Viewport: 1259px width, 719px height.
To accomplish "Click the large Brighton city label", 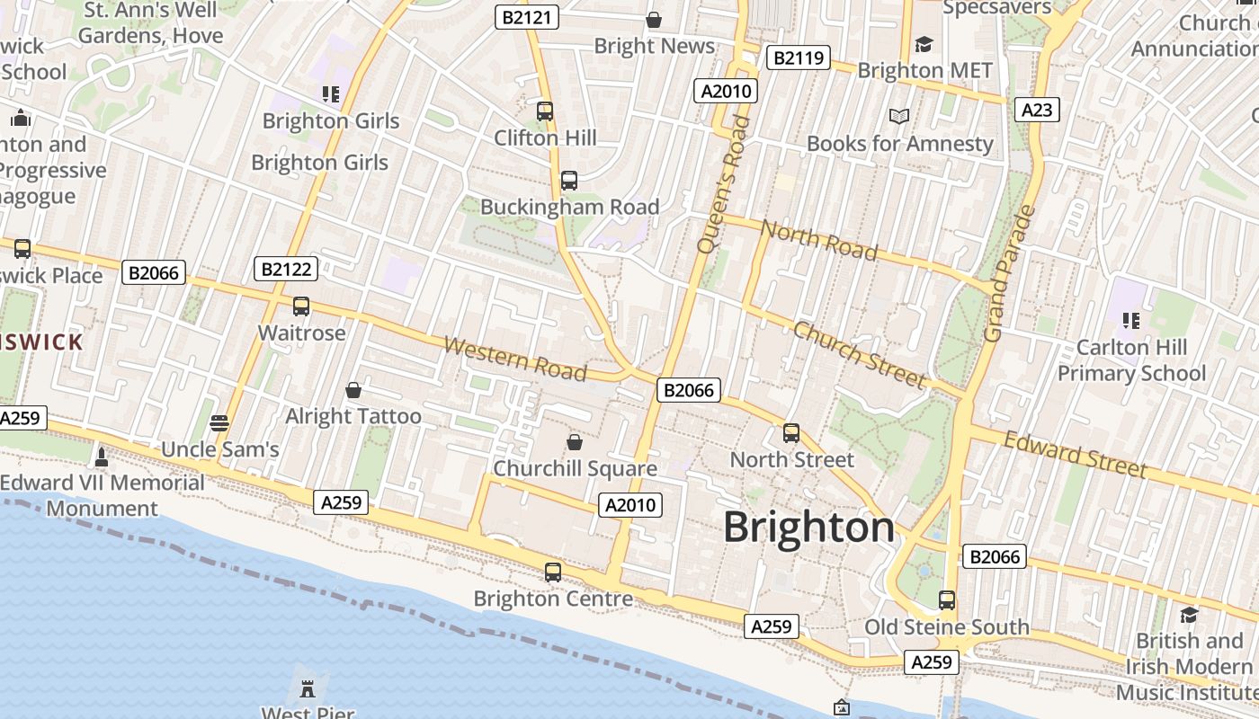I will [x=808, y=527].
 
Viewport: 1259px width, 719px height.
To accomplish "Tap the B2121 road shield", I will [x=527, y=16].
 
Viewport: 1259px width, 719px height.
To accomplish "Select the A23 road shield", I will [x=1037, y=110].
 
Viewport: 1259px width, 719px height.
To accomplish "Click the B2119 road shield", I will [x=798, y=58].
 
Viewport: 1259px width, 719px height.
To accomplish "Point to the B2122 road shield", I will [x=286, y=269].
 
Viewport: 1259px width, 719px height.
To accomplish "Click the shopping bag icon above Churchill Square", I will [x=574, y=442].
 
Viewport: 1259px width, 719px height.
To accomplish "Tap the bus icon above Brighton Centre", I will [x=553, y=572].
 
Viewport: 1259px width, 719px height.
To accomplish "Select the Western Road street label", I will [x=514, y=359].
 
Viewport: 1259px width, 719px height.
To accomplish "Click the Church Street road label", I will [x=858, y=355].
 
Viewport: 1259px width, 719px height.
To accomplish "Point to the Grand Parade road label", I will [x=1010, y=274].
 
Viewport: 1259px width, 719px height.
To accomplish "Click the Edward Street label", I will [x=1075, y=454].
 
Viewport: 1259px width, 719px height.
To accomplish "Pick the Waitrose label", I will [x=301, y=333].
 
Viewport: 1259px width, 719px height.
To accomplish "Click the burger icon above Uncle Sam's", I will [x=219, y=422].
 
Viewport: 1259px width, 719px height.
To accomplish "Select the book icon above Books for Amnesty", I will [x=899, y=116].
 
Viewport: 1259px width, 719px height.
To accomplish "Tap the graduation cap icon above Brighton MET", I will [x=924, y=44].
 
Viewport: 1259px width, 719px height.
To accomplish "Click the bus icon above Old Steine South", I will [x=946, y=599].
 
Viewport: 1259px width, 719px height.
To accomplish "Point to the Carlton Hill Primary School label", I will [x=1131, y=359].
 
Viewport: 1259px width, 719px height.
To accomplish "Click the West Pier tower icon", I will [x=308, y=689].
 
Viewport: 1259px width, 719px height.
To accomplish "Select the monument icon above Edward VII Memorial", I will [x=102, y=457].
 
